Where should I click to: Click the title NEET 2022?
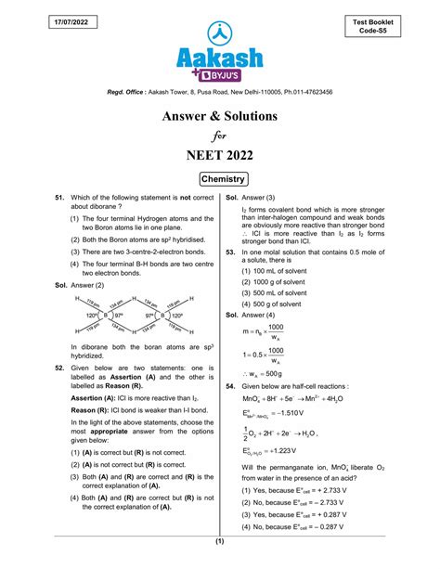(219, 157)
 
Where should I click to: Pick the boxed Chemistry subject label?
(220, 178)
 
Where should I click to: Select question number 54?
(231, 384)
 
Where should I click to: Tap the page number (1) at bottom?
(220, 541)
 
